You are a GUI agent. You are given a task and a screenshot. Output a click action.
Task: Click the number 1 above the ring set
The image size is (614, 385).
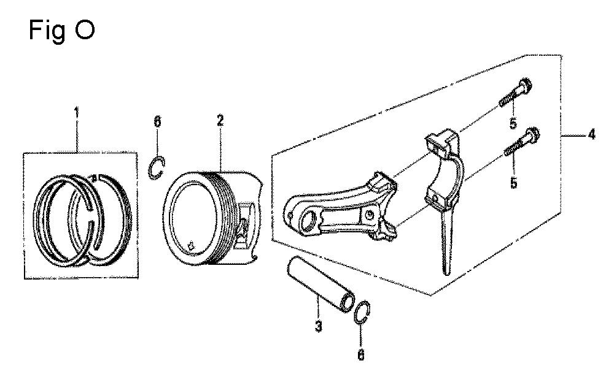(77, 113)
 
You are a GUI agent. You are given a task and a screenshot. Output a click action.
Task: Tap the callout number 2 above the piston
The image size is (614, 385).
(220, 120)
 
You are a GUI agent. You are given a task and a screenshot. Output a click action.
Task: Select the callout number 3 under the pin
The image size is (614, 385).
(318, 326)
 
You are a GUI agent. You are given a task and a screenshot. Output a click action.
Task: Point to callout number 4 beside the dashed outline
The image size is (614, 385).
(591, 134)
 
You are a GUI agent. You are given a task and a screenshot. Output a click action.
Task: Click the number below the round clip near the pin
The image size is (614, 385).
(361, 354)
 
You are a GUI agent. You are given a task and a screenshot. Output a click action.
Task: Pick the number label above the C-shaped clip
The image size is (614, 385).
(157, 122)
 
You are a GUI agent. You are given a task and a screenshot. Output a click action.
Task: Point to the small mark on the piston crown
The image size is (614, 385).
(191, 245)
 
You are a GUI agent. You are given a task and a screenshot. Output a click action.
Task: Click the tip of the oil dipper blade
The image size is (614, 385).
(447, 273)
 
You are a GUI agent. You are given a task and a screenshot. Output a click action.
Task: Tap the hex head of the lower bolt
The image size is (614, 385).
(532, 135)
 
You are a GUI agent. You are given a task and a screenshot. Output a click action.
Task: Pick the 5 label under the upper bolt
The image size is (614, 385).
(513, 123)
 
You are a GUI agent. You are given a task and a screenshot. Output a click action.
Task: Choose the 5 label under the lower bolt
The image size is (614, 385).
(514, 182)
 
